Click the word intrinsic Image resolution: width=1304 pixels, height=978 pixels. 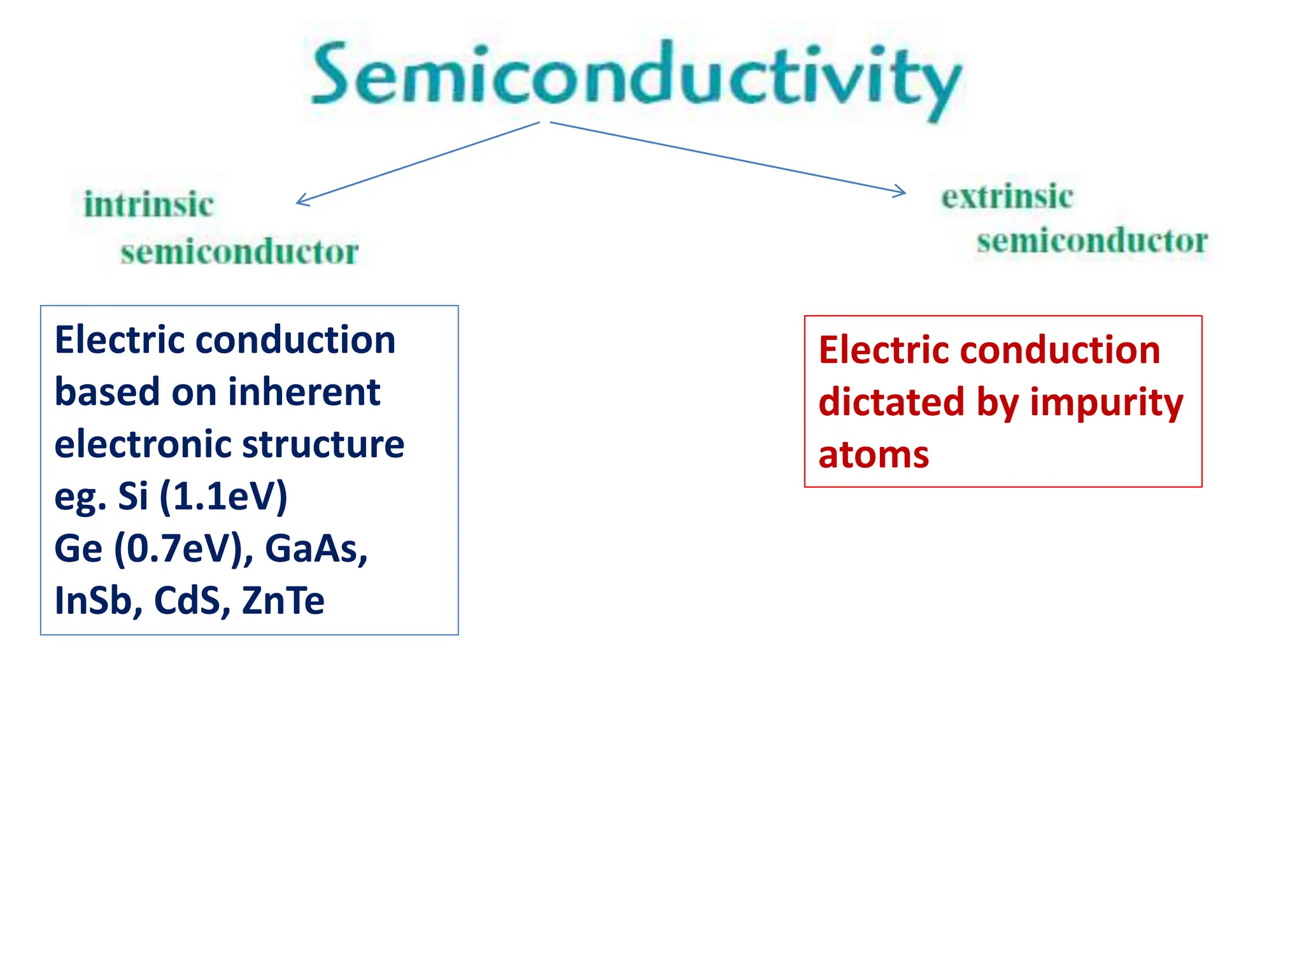point(149,204)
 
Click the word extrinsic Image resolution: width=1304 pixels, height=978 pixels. point(1007,196)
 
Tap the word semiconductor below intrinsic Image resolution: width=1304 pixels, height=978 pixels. point(239,252)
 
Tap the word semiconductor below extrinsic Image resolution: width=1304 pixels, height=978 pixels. point(1092,241)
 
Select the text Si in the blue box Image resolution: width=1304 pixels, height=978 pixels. point(132,495)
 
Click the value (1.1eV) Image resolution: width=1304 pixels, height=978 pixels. point(223,496)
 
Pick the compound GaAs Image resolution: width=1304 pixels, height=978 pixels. point(315,548)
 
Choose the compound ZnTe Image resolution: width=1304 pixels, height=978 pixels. point(283,600)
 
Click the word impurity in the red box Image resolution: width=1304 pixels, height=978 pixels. point(1106,403)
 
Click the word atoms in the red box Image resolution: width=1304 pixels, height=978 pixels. point(874,455)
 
